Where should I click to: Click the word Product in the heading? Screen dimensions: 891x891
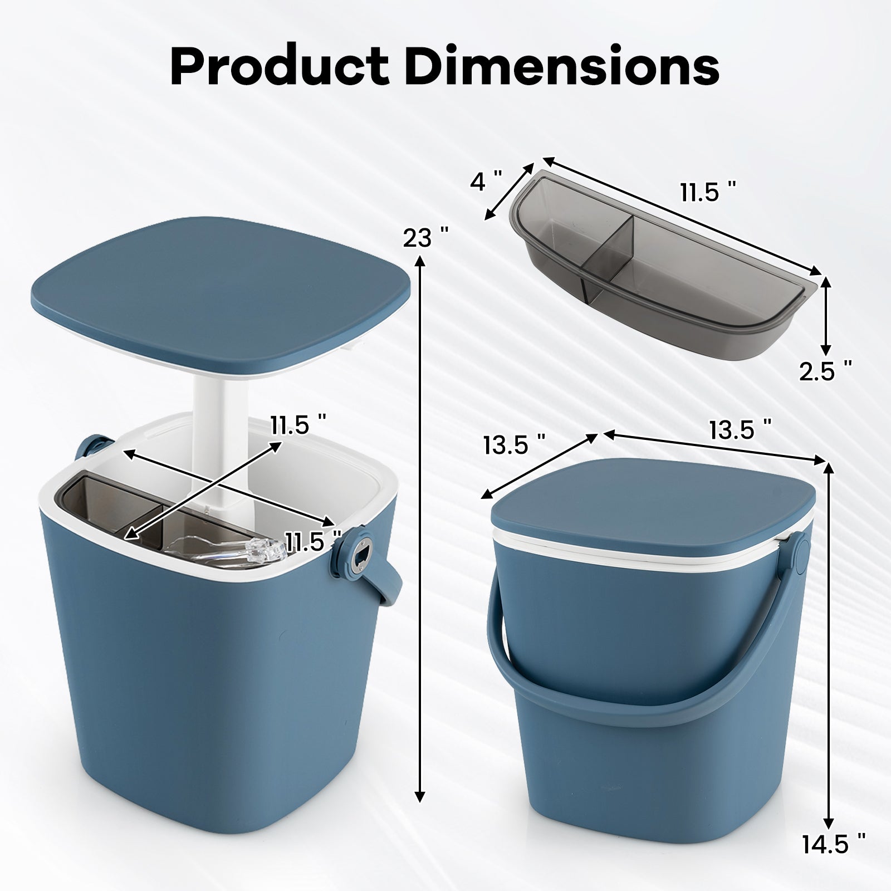(277, 66)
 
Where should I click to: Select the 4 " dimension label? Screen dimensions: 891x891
(486, 182)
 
